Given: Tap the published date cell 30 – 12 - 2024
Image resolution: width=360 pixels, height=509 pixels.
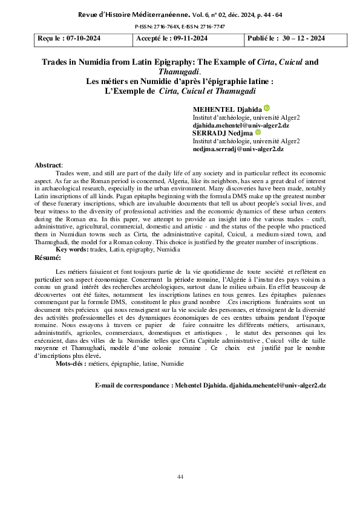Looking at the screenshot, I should click(x=286, y=39).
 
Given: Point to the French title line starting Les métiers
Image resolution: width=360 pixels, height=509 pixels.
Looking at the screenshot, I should click(x=180, y=82).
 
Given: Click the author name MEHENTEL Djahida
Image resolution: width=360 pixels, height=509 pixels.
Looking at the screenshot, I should click(x=227, y=109).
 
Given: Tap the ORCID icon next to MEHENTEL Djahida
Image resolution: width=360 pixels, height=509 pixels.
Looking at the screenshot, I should click(x=267, y=108).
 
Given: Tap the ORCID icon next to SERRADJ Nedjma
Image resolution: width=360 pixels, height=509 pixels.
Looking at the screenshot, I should click(x=258, y=132).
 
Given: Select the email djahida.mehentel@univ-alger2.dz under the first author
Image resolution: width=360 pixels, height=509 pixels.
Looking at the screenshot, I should click(x=238, y=125).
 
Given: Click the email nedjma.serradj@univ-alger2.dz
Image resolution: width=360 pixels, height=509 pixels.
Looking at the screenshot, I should click(x=238, y=148).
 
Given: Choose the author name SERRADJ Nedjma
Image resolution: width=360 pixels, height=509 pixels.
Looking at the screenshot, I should click(x=223, y=132).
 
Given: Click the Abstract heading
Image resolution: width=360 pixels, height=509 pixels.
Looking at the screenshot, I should click(x=48, y=165).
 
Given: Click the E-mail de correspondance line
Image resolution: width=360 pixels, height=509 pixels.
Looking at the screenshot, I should click(x=211, y=385).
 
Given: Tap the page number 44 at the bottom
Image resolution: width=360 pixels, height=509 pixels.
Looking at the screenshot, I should click(x=180, y=478).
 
